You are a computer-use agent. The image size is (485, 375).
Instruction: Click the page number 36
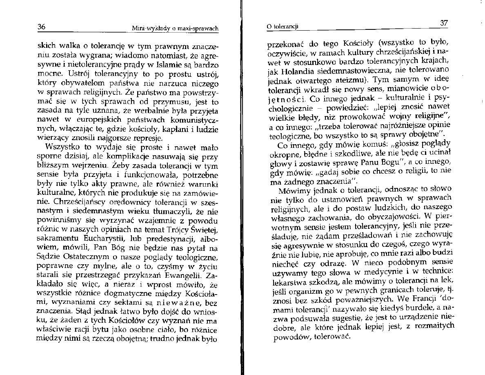(x=41, y=27)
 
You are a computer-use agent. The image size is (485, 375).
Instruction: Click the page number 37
(x=444, y=23)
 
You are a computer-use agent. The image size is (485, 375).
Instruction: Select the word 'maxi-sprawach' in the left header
(x=199, y=29)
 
